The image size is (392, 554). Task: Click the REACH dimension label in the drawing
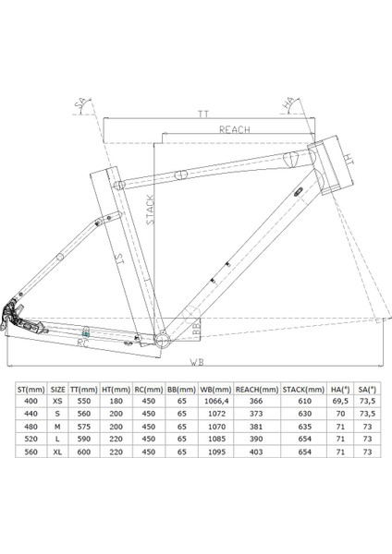pyautogui.click(x=234, y=129)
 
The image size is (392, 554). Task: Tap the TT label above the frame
pyautogui.click(x=203, y=114)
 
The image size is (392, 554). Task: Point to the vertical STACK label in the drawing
pyautogui.click(x=151, y=210)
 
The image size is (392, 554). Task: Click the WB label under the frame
pyautogui.click(x=197, y=362)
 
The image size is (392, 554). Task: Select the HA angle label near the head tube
pyautogui.click(x=288, y=103)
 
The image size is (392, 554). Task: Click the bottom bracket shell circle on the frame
pyautogui.click(x=163, y=340)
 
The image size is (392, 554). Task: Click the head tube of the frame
pyautogui.click(x=330, y=164)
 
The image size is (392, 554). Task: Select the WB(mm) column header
pyautogui.click(x=215, y=390)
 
